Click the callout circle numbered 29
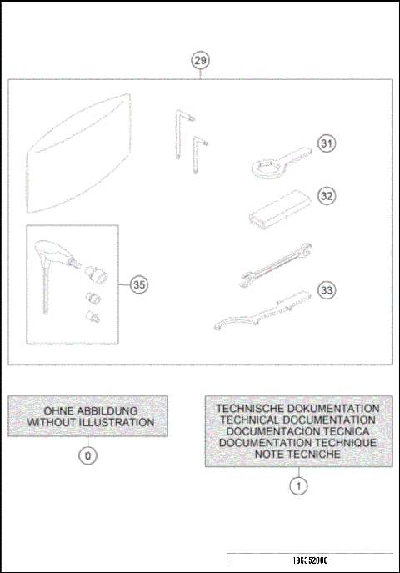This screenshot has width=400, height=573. point(201,60)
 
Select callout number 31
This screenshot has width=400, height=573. point(327,144)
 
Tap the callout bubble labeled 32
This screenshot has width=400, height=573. point(327,195)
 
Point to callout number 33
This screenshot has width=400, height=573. point(327,290)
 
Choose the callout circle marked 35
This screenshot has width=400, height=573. point(139,284)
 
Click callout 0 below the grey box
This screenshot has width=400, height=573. point(87,455)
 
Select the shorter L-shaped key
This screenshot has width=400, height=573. point(197,154)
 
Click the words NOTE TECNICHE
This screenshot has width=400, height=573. point(298,455)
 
